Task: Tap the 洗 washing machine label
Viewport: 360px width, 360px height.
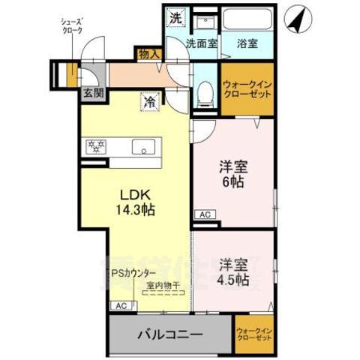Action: [174, 17]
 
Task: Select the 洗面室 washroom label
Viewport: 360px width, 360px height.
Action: [202, 43]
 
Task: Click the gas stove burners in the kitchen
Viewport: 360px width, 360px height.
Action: [97, 145]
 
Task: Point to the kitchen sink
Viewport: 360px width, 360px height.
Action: [142, 147]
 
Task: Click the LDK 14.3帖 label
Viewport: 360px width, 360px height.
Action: [135, 202]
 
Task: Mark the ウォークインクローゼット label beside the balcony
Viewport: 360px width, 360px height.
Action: [253, 334]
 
